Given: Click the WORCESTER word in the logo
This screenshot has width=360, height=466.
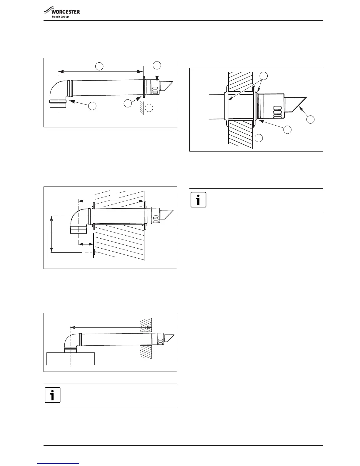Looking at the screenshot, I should point(66,12).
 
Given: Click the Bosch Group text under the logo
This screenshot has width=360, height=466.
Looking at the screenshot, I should point(60,17).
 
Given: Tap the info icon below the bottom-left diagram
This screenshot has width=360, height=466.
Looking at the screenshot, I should point(52,395).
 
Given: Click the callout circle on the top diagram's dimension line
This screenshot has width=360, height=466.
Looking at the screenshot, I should point(100,66).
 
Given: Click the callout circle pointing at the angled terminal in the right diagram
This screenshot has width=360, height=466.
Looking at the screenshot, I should point(310,119).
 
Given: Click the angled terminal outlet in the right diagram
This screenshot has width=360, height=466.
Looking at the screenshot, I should point(295,104).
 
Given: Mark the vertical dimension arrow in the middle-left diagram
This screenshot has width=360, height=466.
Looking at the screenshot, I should point(51,234).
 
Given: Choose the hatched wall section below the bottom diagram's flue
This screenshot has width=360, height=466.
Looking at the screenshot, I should point(146,352).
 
